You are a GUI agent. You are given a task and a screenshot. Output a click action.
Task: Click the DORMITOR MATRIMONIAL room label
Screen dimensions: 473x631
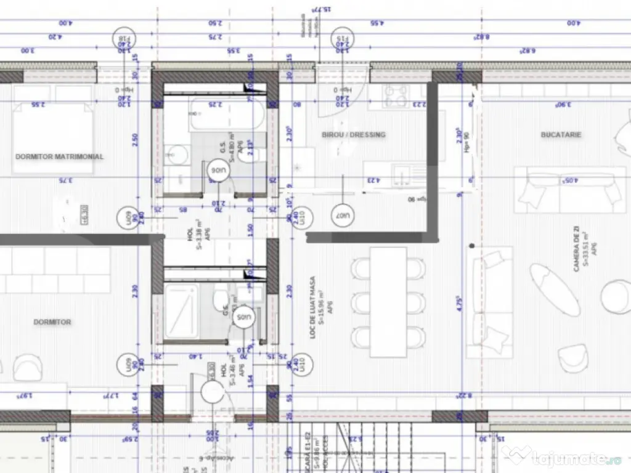point(60,156)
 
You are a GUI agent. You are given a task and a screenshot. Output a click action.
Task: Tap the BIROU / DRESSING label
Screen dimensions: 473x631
point(354,134)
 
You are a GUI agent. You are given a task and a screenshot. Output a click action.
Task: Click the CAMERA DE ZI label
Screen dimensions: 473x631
point(576,248)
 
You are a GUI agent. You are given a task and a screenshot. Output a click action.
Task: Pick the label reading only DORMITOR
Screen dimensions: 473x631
point(52,321)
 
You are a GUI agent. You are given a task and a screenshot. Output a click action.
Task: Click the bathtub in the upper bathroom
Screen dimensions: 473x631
point(227,116)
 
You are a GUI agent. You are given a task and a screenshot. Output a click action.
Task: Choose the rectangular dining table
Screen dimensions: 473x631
point(388,302)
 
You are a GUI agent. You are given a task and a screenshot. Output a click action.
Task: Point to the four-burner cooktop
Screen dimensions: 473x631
point(396,95)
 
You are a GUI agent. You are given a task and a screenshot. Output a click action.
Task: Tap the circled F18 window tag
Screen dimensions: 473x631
point(125,41)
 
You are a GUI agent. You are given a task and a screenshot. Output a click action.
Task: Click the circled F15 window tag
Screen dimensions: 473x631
point(343,41)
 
